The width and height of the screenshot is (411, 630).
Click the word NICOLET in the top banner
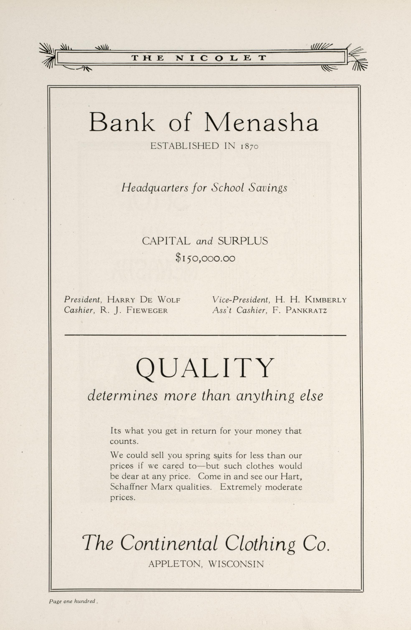click(x=221, y=58)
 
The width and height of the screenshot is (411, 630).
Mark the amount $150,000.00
click(x=205, y=258)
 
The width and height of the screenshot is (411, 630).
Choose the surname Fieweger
click(x=147, y=310)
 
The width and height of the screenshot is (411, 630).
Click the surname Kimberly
click(x=326, y=300)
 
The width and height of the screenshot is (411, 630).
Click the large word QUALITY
click(x=205, y=369)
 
